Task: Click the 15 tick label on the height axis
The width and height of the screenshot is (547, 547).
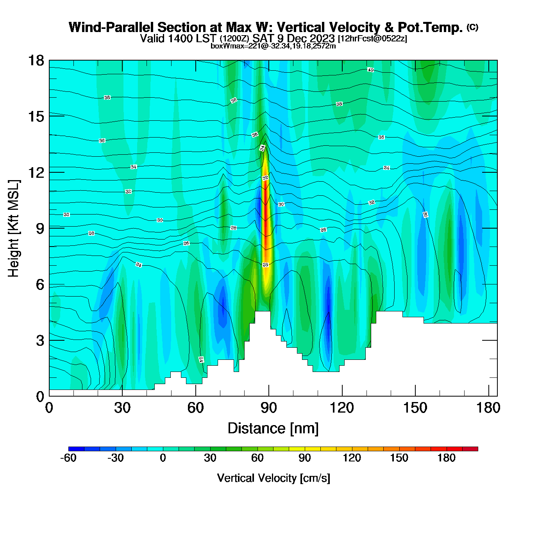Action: (36, 116)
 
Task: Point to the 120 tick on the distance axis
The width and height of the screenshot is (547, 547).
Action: (342, 408)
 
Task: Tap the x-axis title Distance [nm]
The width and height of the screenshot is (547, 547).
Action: (273, 429)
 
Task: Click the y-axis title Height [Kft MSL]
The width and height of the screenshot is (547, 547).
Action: (14, 229)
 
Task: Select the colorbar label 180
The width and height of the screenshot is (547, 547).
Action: (446, 458)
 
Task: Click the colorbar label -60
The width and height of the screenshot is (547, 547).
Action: (68, 458)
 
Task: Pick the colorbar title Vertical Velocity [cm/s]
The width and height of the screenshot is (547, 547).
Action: (273, 478)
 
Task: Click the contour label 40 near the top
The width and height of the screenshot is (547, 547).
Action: (370, 70)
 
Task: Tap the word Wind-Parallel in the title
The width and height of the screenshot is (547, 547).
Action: (112, 27)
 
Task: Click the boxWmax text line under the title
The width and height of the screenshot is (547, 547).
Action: (273, 46)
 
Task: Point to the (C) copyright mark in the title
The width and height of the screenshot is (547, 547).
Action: (472, 27)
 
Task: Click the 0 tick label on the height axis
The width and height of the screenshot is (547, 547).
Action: (40, 396)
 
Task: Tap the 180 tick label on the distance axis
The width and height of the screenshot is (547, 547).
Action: (488, 408)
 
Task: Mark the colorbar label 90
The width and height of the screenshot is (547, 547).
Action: (305, 458)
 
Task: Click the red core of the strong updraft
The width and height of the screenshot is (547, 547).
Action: (266, 211)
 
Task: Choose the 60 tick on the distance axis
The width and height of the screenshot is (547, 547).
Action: (195, 408)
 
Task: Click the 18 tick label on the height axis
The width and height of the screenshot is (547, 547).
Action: (36, 61)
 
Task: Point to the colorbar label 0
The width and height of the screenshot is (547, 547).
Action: (163, 458)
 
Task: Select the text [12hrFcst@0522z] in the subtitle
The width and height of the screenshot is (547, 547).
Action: (372, 38)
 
